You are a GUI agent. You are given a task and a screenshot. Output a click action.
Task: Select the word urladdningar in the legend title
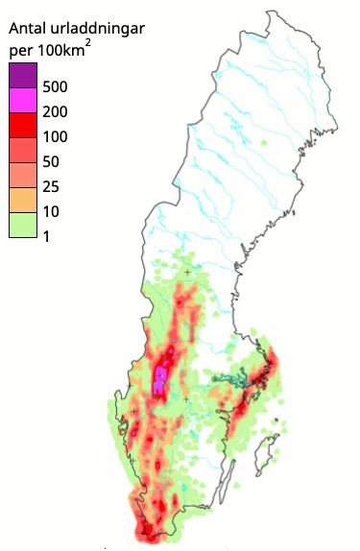pos(99,29)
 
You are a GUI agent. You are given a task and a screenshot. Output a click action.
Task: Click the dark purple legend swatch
pos(23,74)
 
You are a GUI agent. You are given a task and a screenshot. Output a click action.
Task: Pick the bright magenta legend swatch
pos(23,99)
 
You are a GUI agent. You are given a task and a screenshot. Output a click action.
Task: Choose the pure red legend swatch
pos(23,124)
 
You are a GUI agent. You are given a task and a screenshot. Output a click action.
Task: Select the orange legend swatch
pos(23,200)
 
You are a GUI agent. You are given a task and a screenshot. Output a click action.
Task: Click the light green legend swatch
pos(23,225)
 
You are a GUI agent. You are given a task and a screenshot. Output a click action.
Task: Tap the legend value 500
pos(56,87)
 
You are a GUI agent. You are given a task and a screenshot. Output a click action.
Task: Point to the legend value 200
pos(56,112)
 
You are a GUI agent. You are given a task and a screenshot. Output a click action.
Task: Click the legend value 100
pos(56,137)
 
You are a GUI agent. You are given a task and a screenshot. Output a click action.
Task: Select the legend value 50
pos(52,162)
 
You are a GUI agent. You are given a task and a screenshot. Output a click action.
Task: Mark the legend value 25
pos(52,187)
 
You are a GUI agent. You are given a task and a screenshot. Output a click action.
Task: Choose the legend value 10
pos(52,212)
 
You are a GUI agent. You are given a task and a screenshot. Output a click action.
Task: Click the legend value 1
pos(47,237)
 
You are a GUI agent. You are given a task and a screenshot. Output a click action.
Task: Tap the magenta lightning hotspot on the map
pos(160,376)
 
